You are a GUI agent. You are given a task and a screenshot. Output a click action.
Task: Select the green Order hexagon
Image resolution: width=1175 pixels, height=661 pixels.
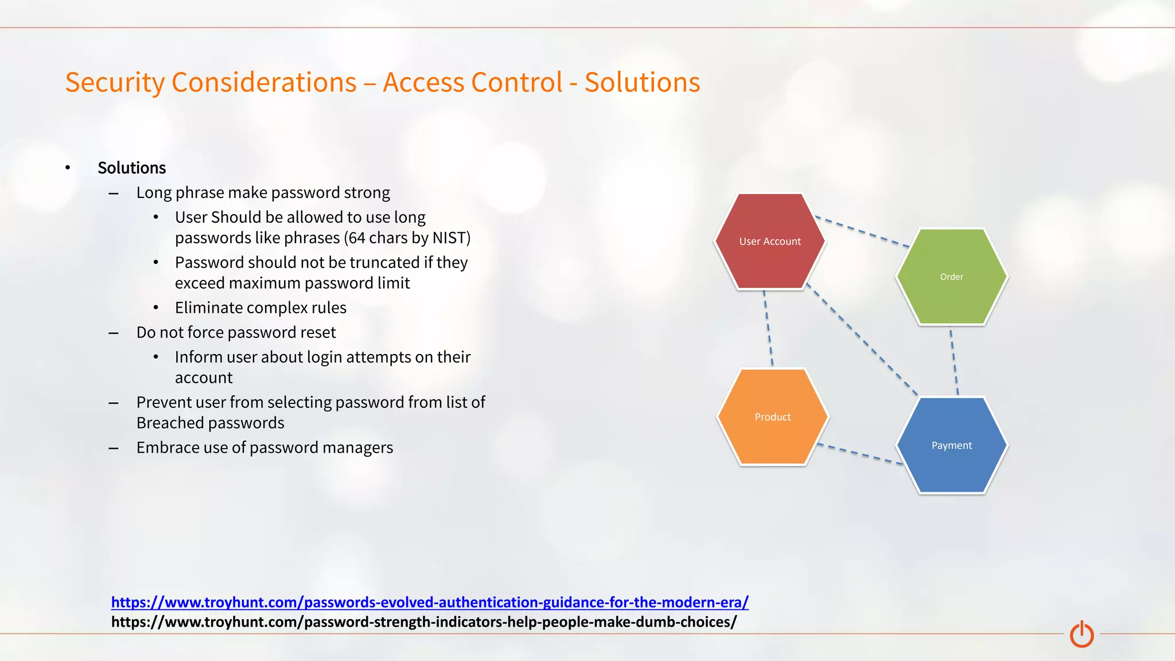951,277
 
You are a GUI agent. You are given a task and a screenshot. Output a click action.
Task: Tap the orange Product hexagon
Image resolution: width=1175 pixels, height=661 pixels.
772,417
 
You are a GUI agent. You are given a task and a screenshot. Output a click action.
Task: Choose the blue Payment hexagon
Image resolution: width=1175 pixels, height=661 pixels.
951,445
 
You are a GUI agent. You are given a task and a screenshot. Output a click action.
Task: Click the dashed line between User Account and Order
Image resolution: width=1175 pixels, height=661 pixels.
862,232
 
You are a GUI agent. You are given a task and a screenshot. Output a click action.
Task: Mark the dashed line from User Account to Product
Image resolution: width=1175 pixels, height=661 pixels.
768,328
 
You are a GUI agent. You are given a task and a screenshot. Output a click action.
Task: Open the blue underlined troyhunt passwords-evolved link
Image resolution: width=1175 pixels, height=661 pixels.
429,602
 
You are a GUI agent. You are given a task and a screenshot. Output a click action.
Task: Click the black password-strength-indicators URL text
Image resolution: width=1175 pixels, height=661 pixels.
423,622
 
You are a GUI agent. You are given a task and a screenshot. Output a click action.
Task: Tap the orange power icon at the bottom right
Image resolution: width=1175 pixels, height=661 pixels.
1081,634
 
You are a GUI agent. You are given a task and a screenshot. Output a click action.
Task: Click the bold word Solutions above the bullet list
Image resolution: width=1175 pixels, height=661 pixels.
131,168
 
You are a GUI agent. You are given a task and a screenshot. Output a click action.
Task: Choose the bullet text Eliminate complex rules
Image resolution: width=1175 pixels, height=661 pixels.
260,308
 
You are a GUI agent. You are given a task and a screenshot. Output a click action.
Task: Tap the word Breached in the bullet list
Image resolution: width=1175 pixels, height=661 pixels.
165,423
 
